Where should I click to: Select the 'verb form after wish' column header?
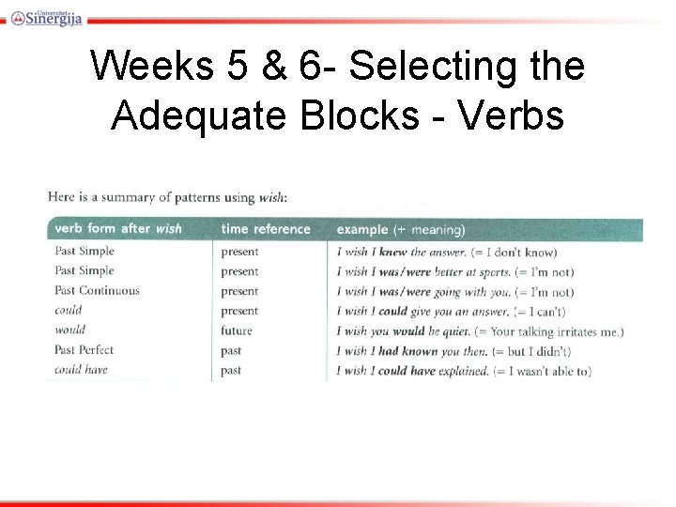(118, 229)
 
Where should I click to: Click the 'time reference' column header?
(265, 229)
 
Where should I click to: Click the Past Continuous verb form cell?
(97, 291)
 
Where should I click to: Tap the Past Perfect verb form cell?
(84, 350)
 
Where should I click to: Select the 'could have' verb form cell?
(81, 370)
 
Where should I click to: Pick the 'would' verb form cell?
(69, 330)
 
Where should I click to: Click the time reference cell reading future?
(237, 330)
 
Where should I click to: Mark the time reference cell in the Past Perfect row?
(231, 350)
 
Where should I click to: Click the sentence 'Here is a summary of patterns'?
(167, 197)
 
